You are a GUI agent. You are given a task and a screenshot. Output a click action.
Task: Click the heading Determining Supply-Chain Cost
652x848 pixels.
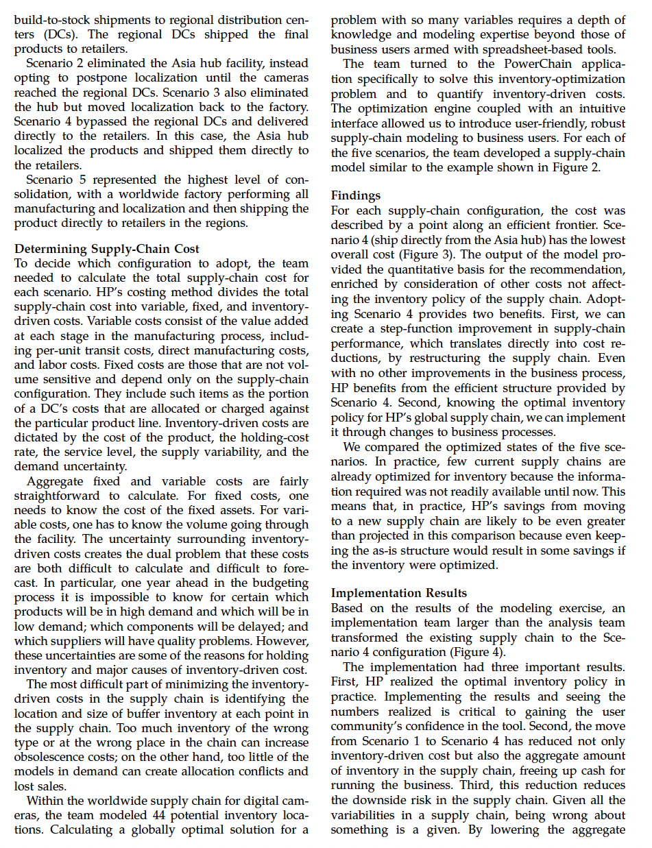[x=106, y=249]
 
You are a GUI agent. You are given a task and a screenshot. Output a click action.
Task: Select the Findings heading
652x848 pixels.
[x=355, y=196]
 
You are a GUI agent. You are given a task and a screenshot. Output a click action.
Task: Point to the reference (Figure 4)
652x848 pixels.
[x=478, y=652]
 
